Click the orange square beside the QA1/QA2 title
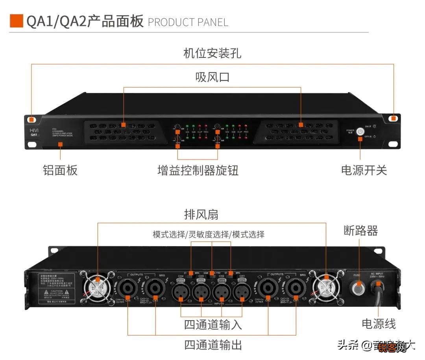pyautogui.click(x=16, y=21)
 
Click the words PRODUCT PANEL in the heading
pyautogui.click(x=188, y=22)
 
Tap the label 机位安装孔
pyautogui.click(x=212, y=53)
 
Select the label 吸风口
pyautogui.click(x=212, y=77)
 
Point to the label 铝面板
pyautogui.click(x=60, y=170)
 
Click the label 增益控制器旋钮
pyautogui.click(x=198, y=170)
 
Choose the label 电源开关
pyautogui.click(x=364, y=170)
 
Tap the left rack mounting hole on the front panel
pyautogui.click(x=31, y=119)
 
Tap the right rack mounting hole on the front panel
pyautogui.click(x=393, y=118)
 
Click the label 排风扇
pyautogui.click(x=201, y=215)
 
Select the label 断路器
pyautogui.click(x=360, y=231)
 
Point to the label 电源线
pyautogui.click(x=378, y=324)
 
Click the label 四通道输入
pyautogui.click(x=213, y=325)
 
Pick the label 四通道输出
pyautogui.click(x=213, y=345)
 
